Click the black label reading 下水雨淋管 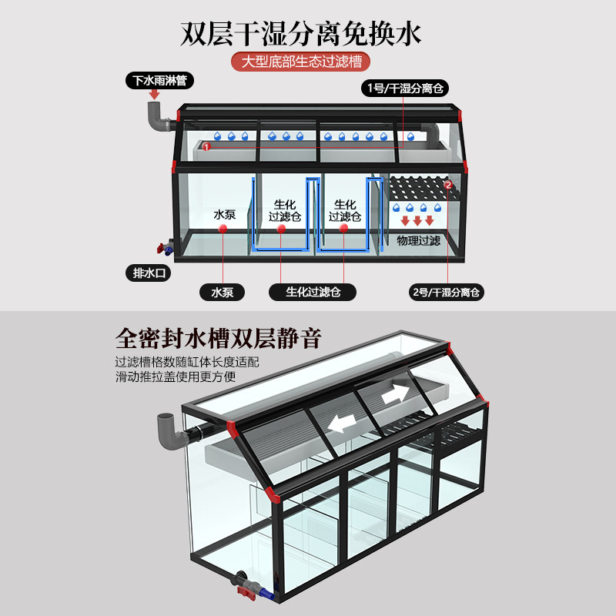click(x=159, y=80)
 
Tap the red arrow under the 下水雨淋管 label click(x=154, y=95)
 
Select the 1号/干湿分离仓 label click(x=405, y=88)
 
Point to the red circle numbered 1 click(x=206, y=146)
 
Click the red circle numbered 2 click(x=448, y=185)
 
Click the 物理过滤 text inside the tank click(x=418, y=241)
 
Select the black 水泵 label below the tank click(x=222, y=292)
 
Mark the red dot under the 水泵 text click(x=223, y=228)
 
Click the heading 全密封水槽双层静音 click(x=218, y=338)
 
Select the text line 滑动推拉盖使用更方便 click(x=176, y=377)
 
